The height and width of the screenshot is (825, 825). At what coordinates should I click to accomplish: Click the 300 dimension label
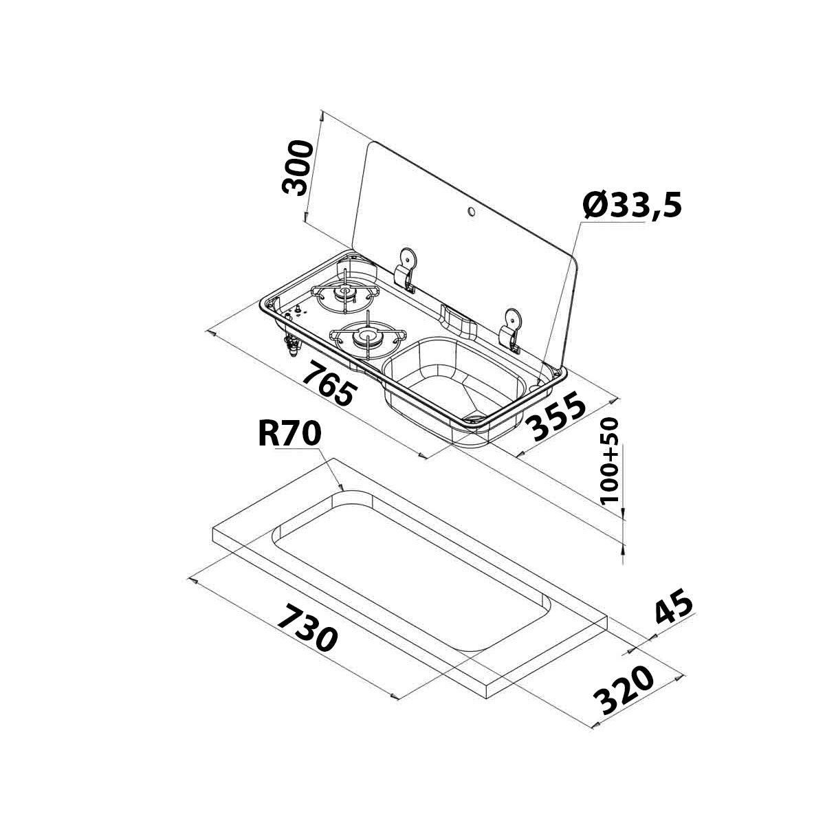[x=298, y=168]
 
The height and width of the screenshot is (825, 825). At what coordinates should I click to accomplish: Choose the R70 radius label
[x=289, y=434]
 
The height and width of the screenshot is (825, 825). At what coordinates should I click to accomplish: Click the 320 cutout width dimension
[x=623, y=690]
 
